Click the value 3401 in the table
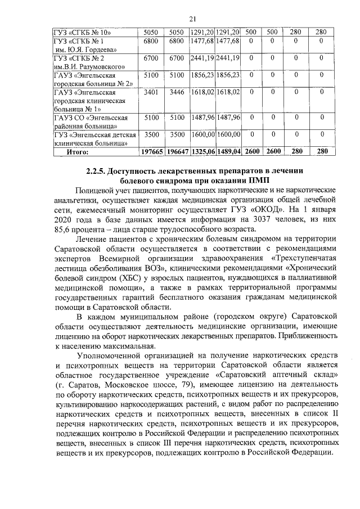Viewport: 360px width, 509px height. click(151, 92)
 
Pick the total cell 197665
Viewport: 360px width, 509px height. click(151, 151)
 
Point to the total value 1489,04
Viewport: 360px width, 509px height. click(228, 151)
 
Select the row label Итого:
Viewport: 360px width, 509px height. click(79, 151)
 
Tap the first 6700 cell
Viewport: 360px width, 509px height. click(151, 58)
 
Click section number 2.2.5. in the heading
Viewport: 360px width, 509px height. click(96, 171)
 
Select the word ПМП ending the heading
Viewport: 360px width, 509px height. click(258, 181)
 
